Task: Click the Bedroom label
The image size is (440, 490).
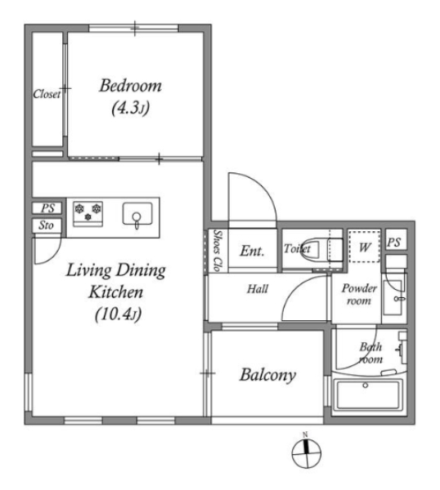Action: click(130, 86)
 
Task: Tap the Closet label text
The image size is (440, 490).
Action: click(47, 94)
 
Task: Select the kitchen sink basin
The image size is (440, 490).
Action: click(137, 214)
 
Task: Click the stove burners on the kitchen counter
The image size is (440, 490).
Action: click(88, 212)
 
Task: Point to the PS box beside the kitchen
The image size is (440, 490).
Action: click(47, 208)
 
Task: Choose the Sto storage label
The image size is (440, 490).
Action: click(47, 225)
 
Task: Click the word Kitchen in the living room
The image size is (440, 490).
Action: click(116, 292)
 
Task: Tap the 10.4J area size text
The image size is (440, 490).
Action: click(119, 314)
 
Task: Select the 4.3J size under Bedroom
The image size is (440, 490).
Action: click(131, 108)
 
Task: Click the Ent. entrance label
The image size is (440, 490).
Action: click(252, 251)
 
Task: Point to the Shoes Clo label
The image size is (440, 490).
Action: click(218, 251)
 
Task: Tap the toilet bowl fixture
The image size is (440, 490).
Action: click(310, 249)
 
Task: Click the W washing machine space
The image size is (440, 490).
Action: click(364, 247)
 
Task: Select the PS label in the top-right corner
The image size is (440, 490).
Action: click(394, 243)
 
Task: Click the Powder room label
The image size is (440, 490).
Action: click(359, 294)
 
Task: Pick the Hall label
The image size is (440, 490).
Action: click(258, 289)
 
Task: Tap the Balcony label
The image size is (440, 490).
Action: click(268, 375)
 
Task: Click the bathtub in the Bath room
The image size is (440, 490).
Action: click(368, 394)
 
